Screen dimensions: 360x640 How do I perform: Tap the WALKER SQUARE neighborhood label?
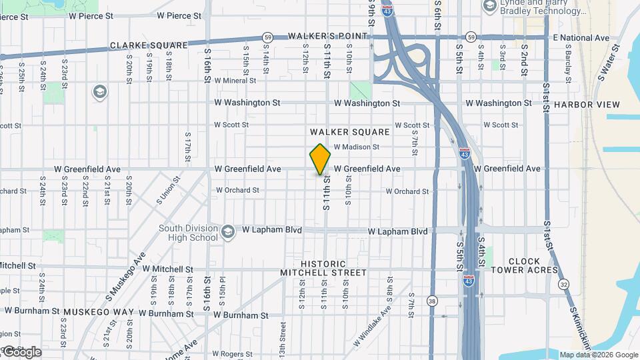click(349, 132)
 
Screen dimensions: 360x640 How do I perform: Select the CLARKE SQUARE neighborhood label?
click(149, 45)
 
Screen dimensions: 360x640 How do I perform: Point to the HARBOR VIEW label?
click(587, 105)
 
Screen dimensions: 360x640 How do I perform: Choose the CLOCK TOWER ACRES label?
click(524, 265)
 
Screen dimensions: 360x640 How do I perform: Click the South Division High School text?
click(188, 233)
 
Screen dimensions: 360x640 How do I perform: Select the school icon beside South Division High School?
click(228, 231)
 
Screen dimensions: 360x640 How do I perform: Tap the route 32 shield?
click(564, 285)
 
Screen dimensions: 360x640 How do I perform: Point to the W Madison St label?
click(356, 147)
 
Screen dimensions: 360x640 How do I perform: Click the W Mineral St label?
click(235, 81)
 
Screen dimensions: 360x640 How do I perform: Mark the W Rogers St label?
click(233, 353)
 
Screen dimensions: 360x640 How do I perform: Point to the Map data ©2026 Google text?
click(599, 355)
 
